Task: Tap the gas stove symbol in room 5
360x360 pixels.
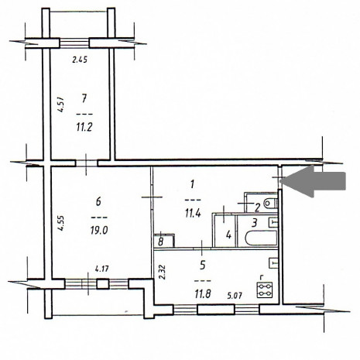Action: point(265,290)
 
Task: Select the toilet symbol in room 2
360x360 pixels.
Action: point(270,204)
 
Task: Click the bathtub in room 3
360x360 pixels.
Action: point(261,238)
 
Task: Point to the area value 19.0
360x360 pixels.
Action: point(99,230)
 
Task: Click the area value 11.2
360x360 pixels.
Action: point(84,127)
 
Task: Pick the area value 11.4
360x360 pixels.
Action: point(193,214)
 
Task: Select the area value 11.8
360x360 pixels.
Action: point(203,293)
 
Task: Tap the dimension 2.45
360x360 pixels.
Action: point(80,60)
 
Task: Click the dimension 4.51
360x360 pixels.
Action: point(61,105)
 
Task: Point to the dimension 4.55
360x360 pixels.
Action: point(61,223)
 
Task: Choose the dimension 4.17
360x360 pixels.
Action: point(102,269)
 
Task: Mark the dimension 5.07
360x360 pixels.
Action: point(235,295)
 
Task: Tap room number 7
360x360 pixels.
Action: point(84,98)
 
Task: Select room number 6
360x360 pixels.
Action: point(98,201)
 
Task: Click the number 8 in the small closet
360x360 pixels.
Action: point(161,242)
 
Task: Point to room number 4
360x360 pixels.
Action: point(228,235)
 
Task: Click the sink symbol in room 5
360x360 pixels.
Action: point(273,263)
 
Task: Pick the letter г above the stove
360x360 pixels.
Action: point(262,278)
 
